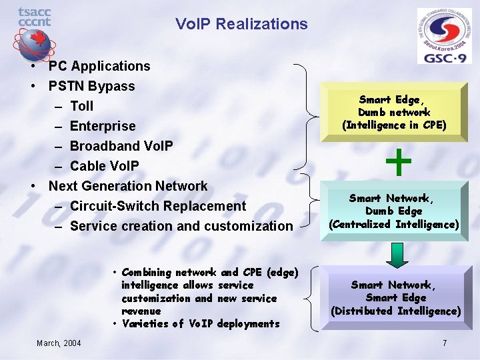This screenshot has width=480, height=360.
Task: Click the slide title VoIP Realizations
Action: [241, 25]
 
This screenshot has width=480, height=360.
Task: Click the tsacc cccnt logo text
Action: [34, 17]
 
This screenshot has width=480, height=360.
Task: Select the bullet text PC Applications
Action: [99, 66]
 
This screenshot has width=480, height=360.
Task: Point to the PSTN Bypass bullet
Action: [91, 86]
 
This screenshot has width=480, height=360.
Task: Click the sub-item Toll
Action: [81, 106]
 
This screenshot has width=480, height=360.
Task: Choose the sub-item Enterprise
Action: [102, 126]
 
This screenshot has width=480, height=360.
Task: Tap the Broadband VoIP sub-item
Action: [121, 146]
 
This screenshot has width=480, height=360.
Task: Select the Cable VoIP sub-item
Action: [104, 166]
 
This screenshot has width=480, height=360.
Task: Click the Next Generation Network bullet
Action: [127, 186]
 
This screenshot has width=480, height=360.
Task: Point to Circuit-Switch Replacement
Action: [157, 206]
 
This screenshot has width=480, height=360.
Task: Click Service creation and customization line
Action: [181, 226]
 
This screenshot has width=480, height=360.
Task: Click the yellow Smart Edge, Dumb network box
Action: [394, 112]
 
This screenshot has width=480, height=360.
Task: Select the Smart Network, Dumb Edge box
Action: [394, 211]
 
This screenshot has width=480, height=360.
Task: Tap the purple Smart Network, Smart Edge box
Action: [395, 298]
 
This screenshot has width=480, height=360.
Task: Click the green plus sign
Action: [398, 163]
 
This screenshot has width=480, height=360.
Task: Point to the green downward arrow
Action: [396, 253]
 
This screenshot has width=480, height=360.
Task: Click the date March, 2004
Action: [59, 343]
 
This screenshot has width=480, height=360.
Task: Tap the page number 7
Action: [445, 343]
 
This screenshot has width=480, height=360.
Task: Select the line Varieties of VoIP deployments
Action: [200, 323]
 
